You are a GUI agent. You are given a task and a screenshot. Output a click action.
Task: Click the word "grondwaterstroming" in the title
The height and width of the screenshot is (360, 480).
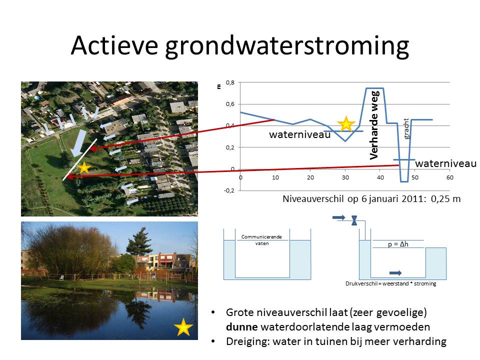click(287, 46)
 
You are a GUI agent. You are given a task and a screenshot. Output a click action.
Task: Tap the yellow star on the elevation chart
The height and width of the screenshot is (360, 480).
click(346, 124)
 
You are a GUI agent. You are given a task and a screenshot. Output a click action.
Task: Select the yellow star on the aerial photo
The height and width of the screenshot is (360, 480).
click(84, 168)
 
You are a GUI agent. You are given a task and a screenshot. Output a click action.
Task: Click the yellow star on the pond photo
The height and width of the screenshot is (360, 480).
click(183, 327)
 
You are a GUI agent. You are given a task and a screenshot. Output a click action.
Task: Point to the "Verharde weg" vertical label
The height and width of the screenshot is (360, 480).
click(374, 125)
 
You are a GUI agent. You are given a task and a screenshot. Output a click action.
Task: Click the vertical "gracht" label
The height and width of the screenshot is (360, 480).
click(406, 129)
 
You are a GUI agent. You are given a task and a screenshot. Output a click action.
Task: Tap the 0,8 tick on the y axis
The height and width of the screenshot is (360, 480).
click(230, 82)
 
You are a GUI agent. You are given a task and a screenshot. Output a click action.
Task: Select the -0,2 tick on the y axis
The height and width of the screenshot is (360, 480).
click(229, 190)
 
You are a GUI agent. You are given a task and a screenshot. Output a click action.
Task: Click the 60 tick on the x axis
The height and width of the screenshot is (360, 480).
click(449, 177)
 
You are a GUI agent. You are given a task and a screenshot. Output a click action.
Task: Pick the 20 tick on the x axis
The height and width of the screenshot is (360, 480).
click(310, 177)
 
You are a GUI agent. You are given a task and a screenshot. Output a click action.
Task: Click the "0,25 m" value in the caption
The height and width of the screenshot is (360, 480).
click(445, 199)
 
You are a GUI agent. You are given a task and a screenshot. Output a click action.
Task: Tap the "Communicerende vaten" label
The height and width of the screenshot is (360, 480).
click(261, 240)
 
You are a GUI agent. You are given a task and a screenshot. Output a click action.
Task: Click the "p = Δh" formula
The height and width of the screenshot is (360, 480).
click(398, 244)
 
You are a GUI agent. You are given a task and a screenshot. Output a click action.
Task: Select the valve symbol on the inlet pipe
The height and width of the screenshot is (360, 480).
click(354, 220)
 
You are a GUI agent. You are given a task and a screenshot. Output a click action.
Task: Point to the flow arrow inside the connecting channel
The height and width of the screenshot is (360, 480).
click(395, 273)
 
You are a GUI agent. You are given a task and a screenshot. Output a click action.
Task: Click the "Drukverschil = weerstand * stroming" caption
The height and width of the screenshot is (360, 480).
click(391, 284)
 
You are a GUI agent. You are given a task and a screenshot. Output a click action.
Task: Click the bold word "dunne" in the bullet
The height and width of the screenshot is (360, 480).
click(242, 327)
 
